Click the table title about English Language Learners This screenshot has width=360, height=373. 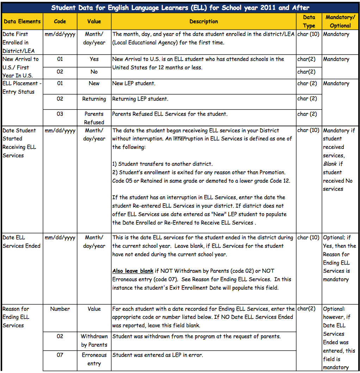pos(180,7)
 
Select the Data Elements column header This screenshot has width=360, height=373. pos(22,21)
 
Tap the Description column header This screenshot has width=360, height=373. pos(204,21)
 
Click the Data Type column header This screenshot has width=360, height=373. pos(309,21)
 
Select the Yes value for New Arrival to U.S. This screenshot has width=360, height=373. pos(94,59)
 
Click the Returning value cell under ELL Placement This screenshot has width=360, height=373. pos(94,99)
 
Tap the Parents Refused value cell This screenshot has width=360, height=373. pos(94,118)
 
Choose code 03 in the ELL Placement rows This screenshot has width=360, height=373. pos(60,114)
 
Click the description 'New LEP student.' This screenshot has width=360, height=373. pos(134,84)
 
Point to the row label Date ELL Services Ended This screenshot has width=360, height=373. pos(21,242)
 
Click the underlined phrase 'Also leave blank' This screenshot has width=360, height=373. pos(133,271)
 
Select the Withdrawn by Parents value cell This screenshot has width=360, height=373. pos(94,341)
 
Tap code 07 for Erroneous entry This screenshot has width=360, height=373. pos(60,355)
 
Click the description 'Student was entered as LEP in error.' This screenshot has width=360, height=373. pos(157,355)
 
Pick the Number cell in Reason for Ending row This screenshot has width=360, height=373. pos(60,309)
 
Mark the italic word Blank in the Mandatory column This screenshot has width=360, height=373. pos(330,164)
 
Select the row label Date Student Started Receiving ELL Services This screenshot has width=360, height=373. pos(20,143)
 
